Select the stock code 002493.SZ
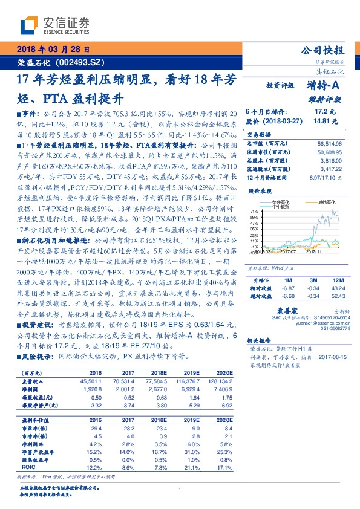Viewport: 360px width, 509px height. (82, 62)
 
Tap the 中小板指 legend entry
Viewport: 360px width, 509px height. (280, 207)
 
